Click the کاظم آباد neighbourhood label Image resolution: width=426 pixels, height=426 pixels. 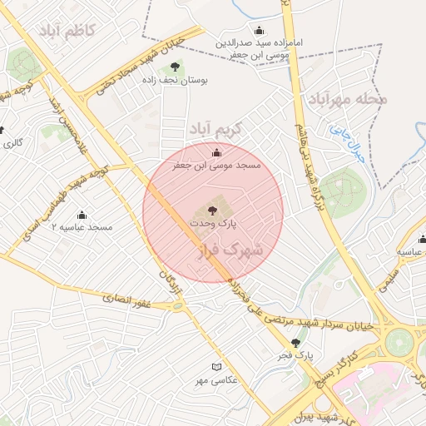click(x=67, y=31)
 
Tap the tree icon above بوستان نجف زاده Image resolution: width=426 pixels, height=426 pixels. click(x=174, y=67)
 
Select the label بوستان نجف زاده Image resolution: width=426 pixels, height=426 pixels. click(x=176, y=81)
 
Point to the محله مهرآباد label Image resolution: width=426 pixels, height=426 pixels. click(x=349, y=101)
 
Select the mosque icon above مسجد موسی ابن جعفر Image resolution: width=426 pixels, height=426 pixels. click(x=217, y=152)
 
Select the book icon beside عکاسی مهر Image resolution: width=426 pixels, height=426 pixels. click(x=217, y=366)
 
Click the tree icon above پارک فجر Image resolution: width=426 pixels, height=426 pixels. click(x=295, y=342)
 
